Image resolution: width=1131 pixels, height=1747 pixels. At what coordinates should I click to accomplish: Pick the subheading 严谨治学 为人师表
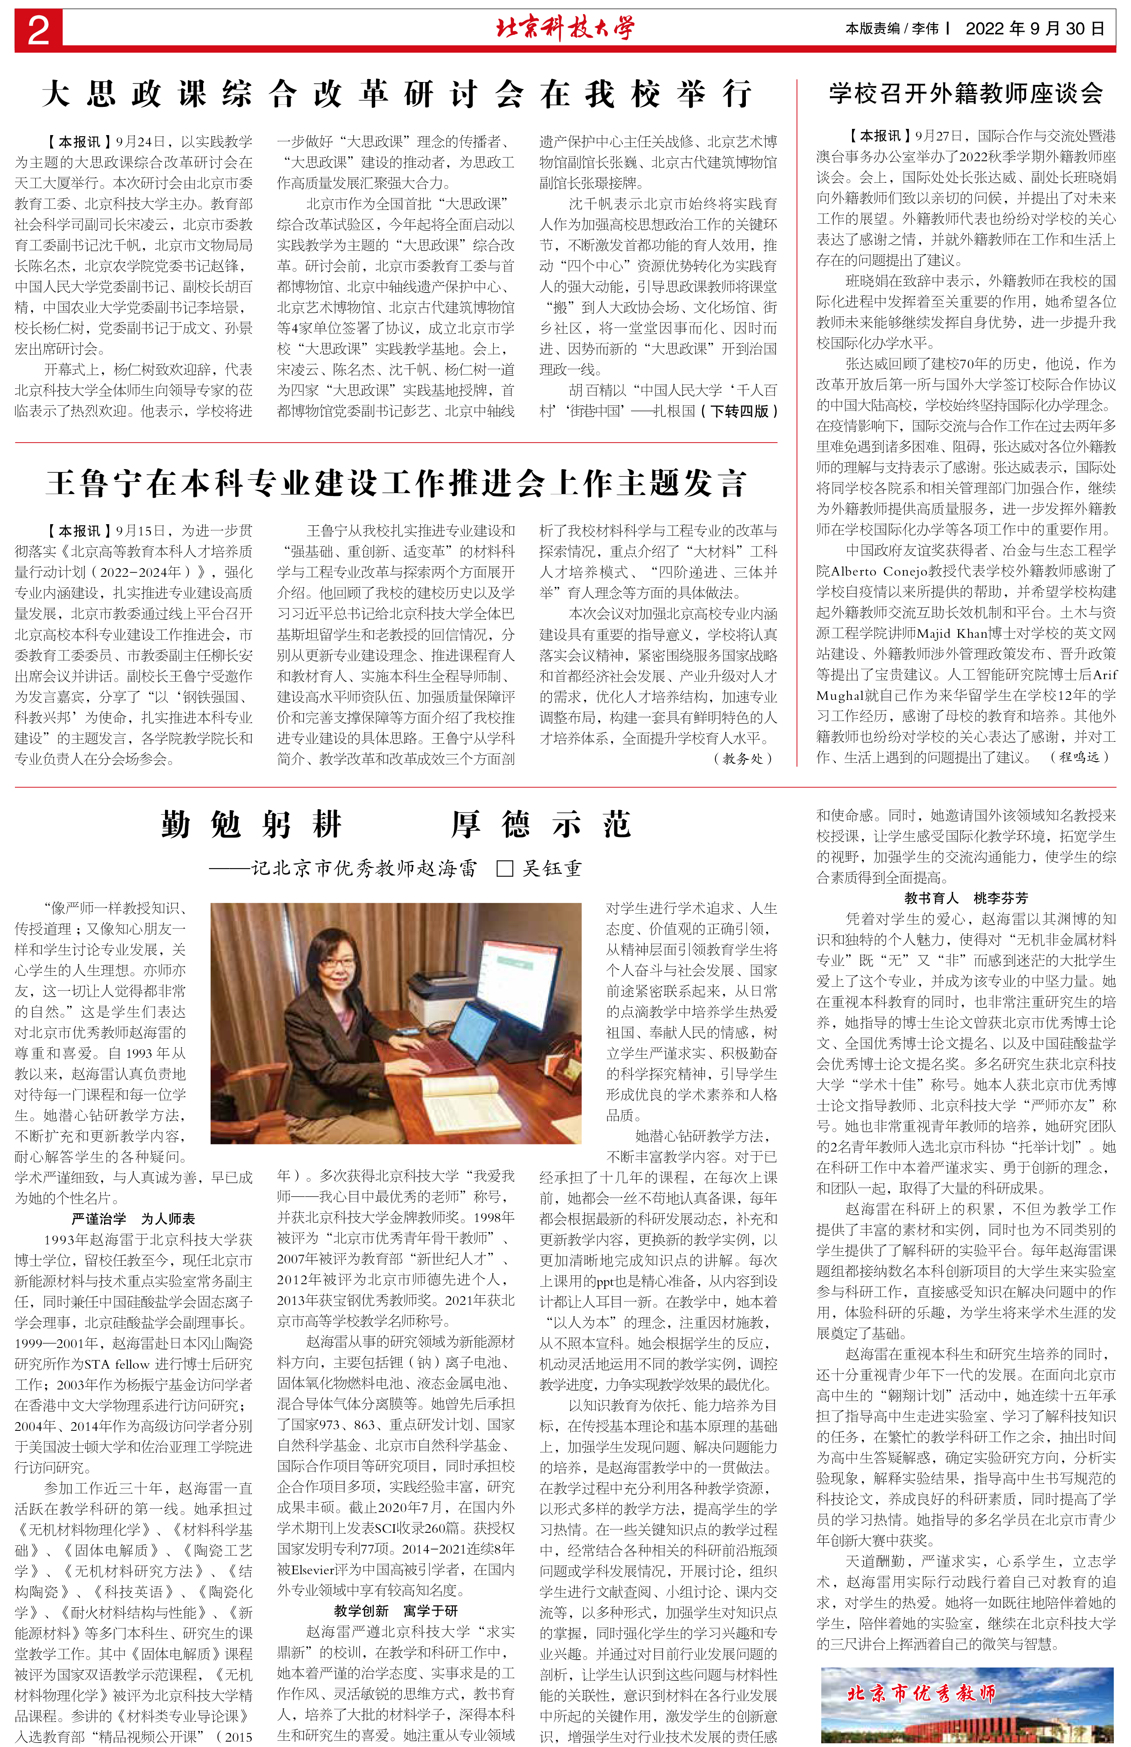[133, 1219]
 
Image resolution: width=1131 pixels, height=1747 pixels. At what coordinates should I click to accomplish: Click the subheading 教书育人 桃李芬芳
[966, 898]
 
